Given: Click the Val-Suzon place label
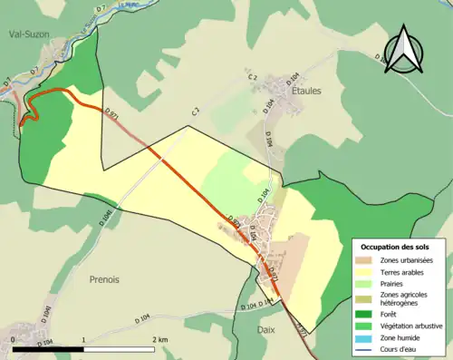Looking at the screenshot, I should point(30,36).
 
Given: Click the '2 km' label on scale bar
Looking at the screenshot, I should point(159,339).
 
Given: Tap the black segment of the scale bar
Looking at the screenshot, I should point(49,348).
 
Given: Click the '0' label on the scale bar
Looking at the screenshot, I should point(14,339).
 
